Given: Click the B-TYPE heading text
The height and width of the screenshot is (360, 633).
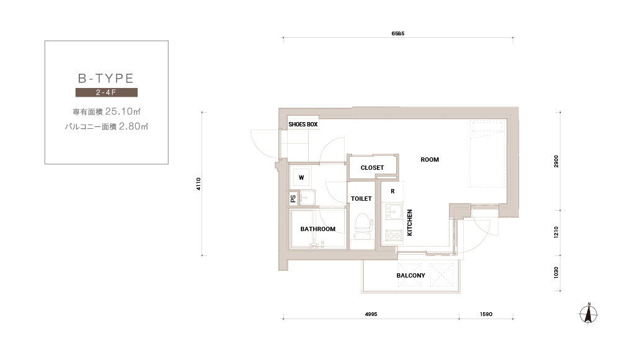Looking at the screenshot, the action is coord(106,78).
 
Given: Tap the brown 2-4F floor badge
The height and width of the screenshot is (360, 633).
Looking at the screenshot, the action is coord(107,92).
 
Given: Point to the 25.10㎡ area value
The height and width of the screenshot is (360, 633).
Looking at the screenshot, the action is coord(123,112).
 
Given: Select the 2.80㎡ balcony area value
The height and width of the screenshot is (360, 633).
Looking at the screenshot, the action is coord(133,126).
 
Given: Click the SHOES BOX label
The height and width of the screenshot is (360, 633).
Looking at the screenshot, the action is coord(303,125).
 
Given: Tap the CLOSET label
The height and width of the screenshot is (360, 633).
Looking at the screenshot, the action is coord(372,167).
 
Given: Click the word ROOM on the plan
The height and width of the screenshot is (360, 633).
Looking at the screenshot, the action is coord(430,160).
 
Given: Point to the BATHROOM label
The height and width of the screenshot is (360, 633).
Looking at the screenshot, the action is coord(317,229).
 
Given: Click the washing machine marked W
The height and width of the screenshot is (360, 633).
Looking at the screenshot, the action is coord(301,178).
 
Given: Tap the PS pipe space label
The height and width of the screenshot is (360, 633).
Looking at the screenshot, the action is coord(293,198).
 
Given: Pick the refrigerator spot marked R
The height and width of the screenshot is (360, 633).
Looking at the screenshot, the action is coord(392,191).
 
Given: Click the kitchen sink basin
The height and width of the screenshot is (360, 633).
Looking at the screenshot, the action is coord(393,211).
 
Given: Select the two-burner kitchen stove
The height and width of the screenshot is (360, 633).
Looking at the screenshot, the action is coord(394,235).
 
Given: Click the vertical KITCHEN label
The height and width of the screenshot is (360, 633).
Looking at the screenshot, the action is coord(409,223).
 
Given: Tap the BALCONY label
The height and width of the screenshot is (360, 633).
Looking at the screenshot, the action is coord(410,276).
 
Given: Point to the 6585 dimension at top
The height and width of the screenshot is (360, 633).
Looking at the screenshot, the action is coord(397,33).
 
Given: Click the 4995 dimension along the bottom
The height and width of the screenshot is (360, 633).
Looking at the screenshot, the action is coord(371,314).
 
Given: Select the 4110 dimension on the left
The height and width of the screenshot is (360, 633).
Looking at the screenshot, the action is coord(198,184).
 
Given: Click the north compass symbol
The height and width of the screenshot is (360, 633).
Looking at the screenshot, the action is coord(588,314).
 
